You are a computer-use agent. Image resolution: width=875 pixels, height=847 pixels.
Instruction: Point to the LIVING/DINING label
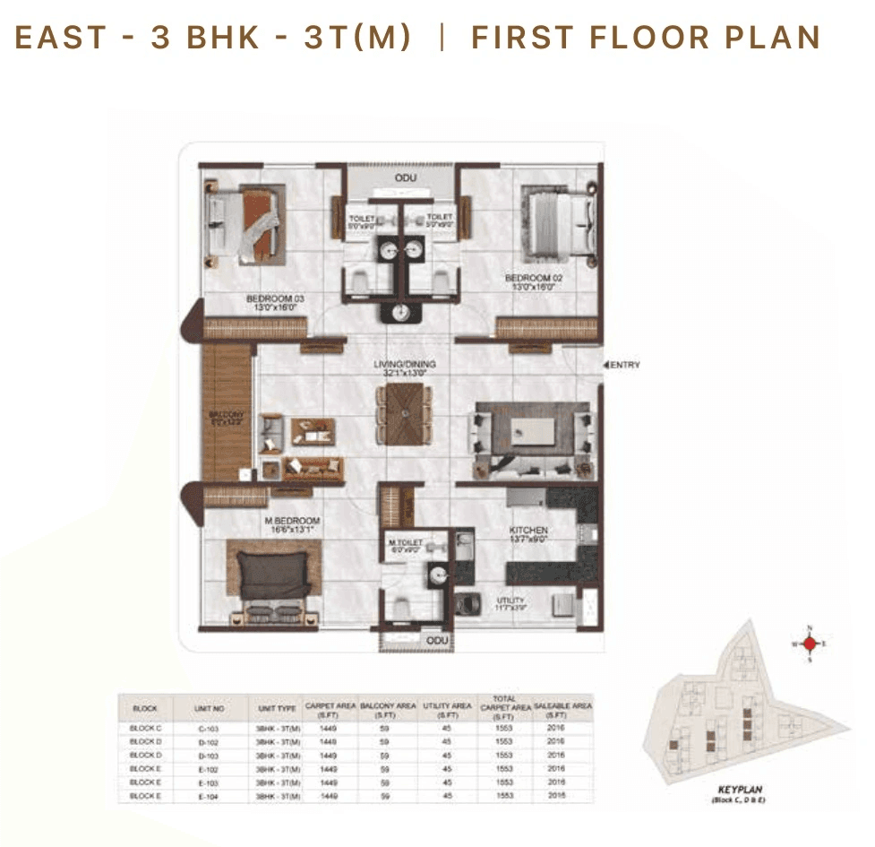405,365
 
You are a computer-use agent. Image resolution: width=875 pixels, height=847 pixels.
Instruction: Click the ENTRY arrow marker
606,365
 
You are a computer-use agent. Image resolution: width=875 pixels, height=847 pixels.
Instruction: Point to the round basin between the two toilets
399,313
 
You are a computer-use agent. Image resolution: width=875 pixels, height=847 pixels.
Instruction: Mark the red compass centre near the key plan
810,644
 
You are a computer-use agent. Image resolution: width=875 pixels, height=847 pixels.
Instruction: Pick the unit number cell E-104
208,795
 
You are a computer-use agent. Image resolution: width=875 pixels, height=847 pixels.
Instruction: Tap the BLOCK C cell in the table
145,729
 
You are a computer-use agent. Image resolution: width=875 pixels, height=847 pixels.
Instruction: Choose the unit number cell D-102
208,742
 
